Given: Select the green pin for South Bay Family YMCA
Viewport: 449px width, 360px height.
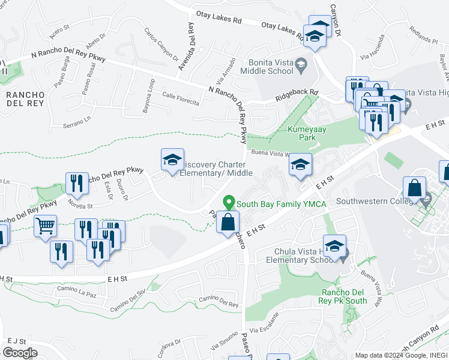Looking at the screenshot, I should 228,203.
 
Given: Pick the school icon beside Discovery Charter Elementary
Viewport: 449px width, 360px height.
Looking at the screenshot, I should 172,160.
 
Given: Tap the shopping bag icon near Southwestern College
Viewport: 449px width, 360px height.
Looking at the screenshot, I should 414,187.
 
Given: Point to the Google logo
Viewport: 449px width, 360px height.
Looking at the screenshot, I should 20,353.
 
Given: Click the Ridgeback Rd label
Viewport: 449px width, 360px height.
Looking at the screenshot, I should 297,95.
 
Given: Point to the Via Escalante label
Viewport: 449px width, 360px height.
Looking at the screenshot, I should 265,329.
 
